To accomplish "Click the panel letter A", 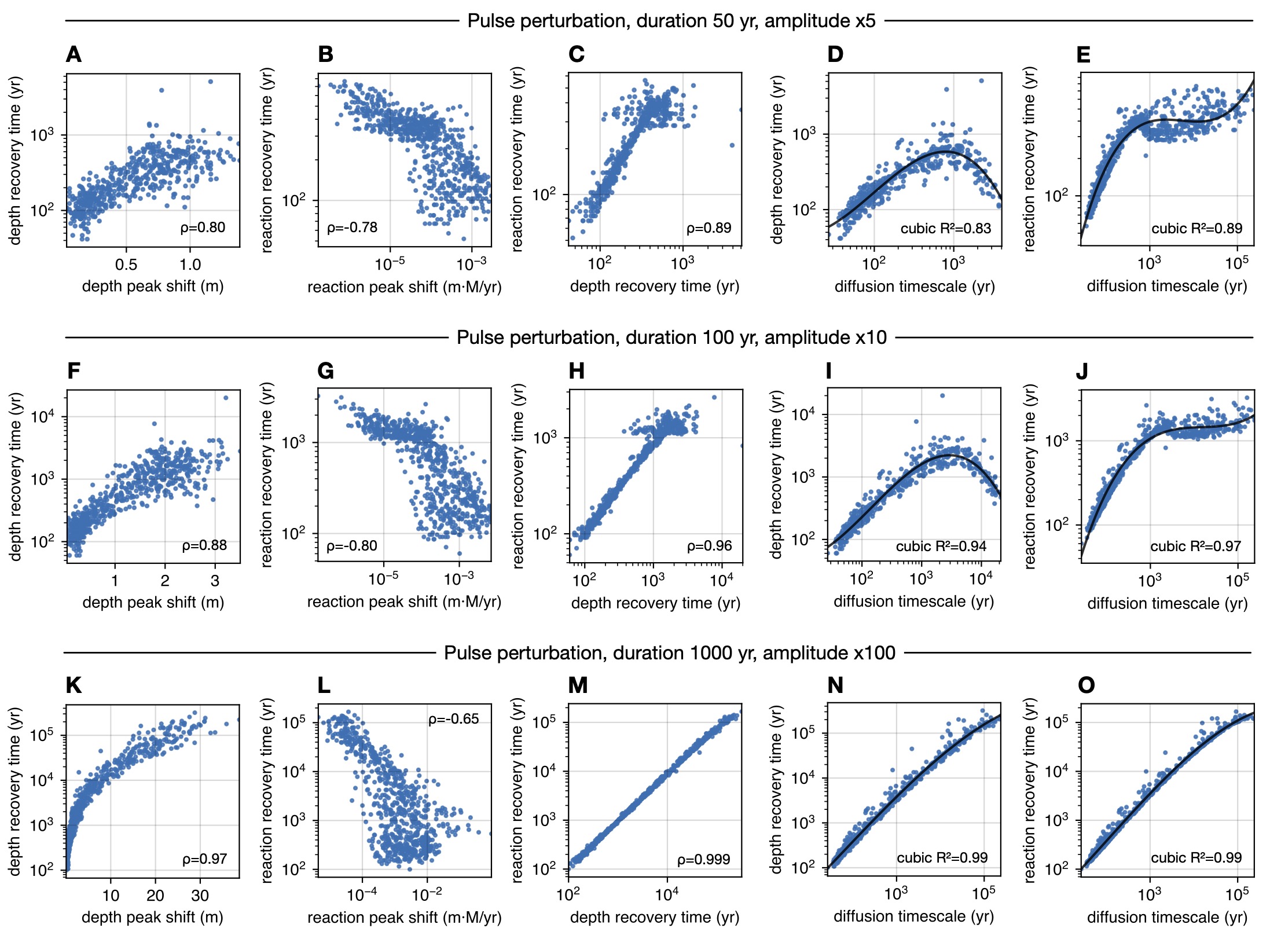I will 74,54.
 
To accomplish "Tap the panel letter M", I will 578,685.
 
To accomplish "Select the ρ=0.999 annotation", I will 703,860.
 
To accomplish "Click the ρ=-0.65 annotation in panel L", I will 453,719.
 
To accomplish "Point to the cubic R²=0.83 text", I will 945,229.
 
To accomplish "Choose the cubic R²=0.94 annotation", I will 941,546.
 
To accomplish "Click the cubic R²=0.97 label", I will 1195,546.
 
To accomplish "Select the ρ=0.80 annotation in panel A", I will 203,228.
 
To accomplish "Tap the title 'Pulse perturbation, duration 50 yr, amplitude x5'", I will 671,21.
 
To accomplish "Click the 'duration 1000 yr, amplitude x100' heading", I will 670,653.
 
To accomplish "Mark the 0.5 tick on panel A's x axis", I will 126,265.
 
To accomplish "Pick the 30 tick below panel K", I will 200,896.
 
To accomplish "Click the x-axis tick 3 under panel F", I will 215,581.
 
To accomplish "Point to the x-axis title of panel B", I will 404,287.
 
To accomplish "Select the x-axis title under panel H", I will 655,603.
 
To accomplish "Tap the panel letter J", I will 1082,371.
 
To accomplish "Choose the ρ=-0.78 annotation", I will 352,228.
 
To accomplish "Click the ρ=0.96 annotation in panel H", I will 709,546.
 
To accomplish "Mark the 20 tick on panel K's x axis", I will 155,896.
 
